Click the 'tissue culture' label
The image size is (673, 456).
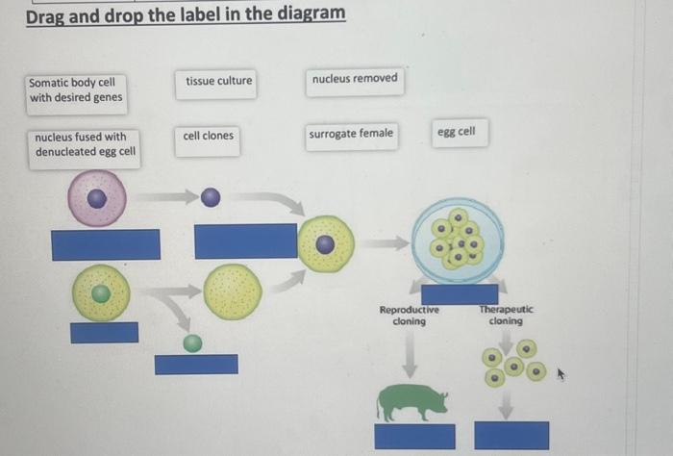[219, 81]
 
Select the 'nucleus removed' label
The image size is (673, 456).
[354, 78]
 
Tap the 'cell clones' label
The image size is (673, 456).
[208, 136]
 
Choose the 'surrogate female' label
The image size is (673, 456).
[351, 134]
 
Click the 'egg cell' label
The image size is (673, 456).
[457, 132]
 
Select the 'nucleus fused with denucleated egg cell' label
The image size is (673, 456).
[85, 145]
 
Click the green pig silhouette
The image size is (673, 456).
[411, 401]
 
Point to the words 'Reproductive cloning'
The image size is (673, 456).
[409, 316]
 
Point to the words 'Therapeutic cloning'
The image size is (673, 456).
[506, 316]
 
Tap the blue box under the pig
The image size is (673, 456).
[414, 436]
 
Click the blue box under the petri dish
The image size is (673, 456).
[459, 293]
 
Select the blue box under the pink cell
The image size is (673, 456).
[106, 244]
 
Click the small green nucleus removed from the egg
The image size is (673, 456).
[193, 342]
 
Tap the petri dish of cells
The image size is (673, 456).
[457, 241]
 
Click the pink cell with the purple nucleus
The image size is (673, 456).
[96, 199]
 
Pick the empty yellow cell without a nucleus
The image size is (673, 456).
[232, 291]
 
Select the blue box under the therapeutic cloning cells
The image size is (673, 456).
[511, 435]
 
